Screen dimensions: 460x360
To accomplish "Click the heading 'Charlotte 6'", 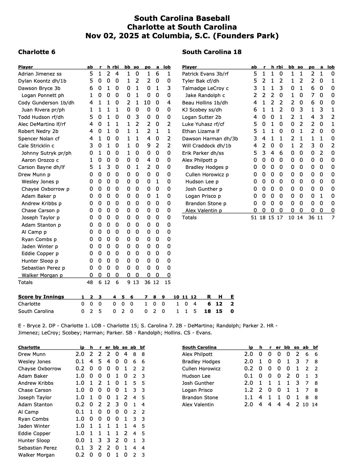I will [x=37, y=52].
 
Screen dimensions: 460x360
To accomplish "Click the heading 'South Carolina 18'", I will [x=212, y=52].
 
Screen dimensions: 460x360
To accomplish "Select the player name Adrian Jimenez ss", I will [x=40, y=74].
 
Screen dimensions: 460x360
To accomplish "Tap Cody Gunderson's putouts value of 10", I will [x=147, y=103].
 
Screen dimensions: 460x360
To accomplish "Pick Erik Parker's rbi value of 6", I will [x=281, y=153].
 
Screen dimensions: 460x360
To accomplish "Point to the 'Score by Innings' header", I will [x=41, y=297].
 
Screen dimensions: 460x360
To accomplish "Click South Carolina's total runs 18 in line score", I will [x=208, y=311].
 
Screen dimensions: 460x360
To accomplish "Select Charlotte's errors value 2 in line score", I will [x=232, y=304].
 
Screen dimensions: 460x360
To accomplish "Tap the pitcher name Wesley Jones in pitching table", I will [x=34, y=362].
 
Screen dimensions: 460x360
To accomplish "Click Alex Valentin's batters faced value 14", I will [x=315, y=405].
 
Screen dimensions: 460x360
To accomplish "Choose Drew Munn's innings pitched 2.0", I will [x=80, y=354].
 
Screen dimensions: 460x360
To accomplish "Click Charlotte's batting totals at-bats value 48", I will [x=90, y=282].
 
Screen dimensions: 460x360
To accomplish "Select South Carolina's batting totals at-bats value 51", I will [x=254, y=218].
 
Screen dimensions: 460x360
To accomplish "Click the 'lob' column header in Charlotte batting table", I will [x=167, y=67].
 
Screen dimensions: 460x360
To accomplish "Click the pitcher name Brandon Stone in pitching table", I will [x=200, y=398].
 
